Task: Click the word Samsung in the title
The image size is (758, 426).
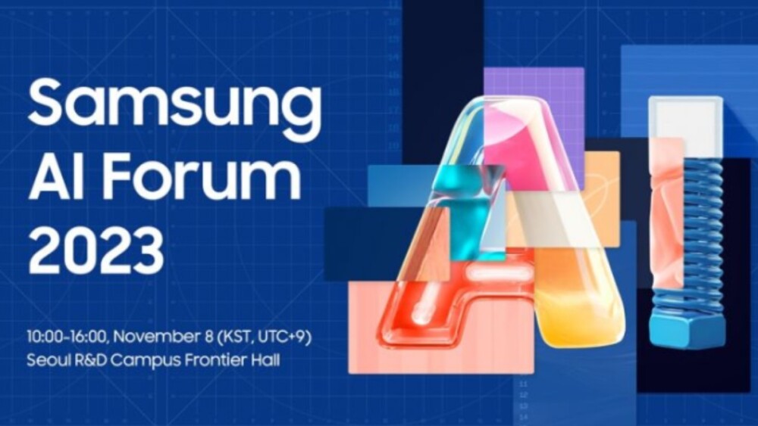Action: coord(174,106)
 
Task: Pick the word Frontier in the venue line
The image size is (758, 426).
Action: coord(212,360)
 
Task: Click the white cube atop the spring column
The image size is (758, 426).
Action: coord(685,121)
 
